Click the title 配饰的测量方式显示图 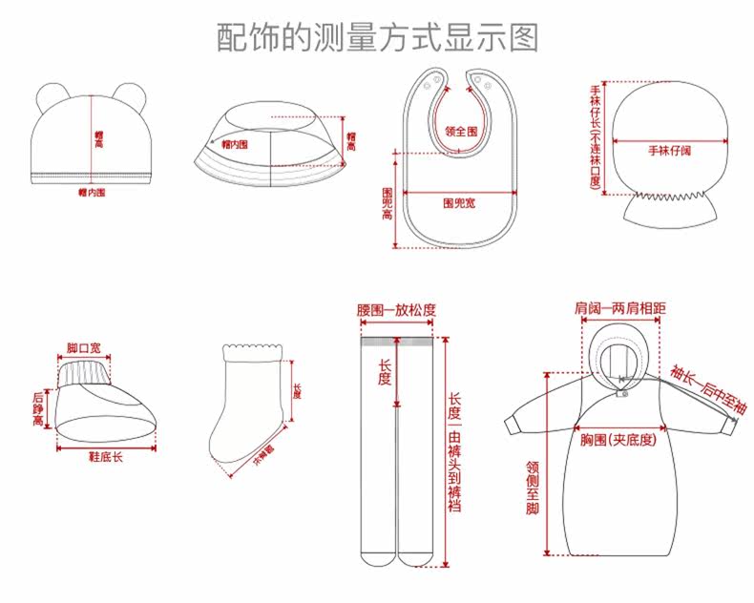(377, 36)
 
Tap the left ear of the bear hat (48, 95)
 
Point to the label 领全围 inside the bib (461, 131)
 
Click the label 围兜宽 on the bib (461, 203)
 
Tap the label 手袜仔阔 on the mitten (669, 151)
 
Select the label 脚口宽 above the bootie (83, 347)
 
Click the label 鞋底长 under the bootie (105, 457)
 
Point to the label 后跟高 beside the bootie (38, 407)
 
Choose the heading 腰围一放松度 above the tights (396, 310)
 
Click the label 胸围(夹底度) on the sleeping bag (618, 441)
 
